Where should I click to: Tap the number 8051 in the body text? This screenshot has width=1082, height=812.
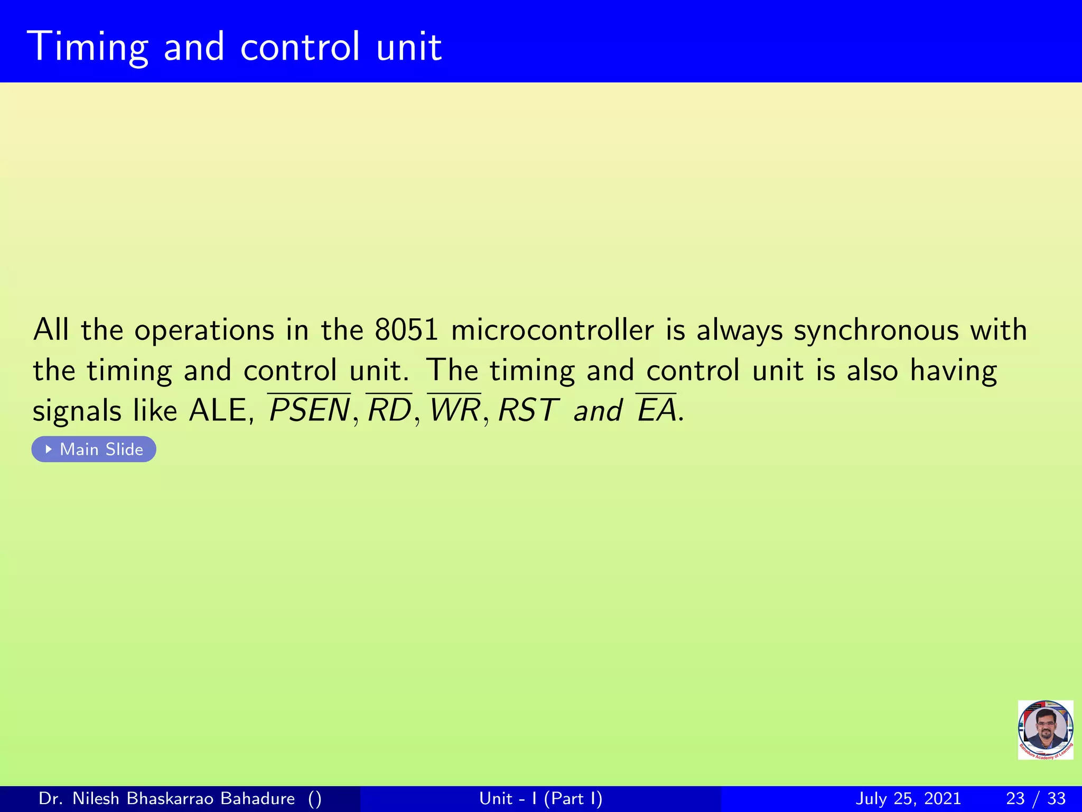406,330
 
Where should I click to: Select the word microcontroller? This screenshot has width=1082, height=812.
552,330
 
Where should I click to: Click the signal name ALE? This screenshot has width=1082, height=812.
218,410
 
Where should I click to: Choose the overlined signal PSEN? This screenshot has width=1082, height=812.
309,410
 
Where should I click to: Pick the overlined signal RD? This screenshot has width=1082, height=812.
389,410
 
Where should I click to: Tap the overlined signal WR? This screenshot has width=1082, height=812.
454,410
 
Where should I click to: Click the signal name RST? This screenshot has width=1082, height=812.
527,410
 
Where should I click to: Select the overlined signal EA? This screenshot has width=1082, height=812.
656,410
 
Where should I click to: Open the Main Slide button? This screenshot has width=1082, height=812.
94,449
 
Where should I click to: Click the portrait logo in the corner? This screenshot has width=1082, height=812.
1046,730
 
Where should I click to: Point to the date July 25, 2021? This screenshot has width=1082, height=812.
908,799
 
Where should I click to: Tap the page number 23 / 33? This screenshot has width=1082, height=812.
1036,799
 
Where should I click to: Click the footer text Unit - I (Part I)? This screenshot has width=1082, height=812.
540,799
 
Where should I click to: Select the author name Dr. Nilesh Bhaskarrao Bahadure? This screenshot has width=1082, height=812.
167,799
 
